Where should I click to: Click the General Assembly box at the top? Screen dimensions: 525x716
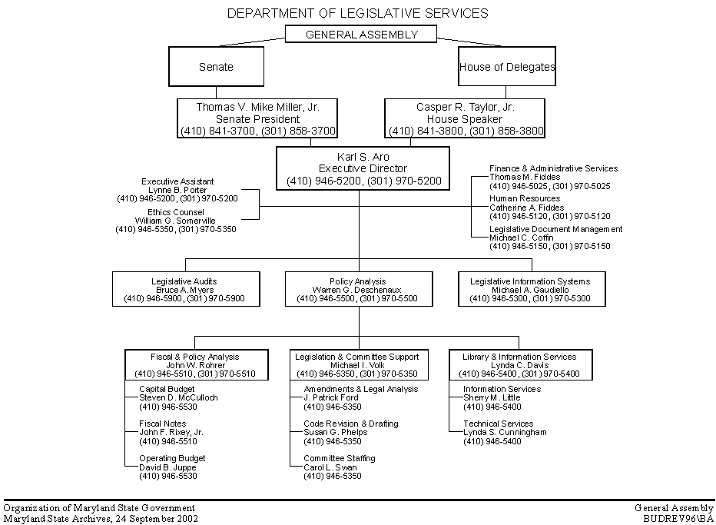click(x=361, y=34)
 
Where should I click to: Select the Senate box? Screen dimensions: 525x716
click(x=216, y=67)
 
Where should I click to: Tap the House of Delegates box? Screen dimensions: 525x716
click(x=506, y=67)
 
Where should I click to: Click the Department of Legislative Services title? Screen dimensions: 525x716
click(x=358, y=12)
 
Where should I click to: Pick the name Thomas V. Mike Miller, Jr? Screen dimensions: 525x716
click(x=257, y=108)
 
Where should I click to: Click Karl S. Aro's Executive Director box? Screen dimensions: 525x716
click(x=363, y=168)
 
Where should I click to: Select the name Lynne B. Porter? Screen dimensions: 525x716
click(x=177, y=190)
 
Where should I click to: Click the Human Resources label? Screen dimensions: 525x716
click(x=525, y=198)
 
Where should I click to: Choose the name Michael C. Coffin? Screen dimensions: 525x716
click(x=521, y=238)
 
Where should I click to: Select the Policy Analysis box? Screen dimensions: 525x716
click(x=357, y=289)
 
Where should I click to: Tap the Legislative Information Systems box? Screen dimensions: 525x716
click(x=530, y=289)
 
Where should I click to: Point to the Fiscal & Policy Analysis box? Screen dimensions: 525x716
click(x=196, y=365)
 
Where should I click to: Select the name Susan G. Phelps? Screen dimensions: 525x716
click(x=335, y=432)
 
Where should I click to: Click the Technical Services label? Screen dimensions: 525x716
click(x=498, y=424)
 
